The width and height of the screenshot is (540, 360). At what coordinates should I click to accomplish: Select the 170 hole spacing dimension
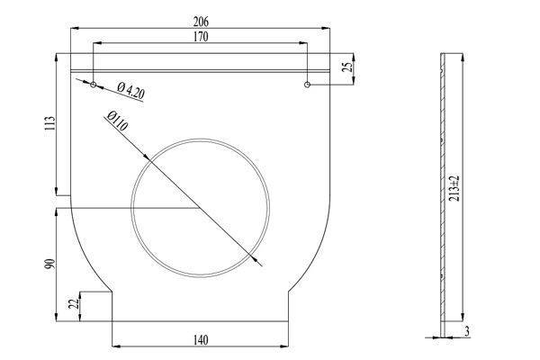[x=200, y=37]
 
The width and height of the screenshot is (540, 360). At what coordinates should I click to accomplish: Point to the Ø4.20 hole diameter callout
[x=131, y=90]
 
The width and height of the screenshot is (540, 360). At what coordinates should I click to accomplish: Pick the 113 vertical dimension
[x=51, y=122]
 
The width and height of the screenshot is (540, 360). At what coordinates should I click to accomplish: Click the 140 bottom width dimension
[x=200, y=339]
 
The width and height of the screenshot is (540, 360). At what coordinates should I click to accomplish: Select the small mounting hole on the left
[x=93, y=85]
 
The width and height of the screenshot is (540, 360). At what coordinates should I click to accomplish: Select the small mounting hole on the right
[x=308, y=85]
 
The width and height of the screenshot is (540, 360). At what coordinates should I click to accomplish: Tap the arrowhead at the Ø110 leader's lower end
[x=258, y=264]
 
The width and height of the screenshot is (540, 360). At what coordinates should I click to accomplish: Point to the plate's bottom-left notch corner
[x=112, y=292]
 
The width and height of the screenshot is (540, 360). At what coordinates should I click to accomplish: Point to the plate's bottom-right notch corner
[x=288, y=292]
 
